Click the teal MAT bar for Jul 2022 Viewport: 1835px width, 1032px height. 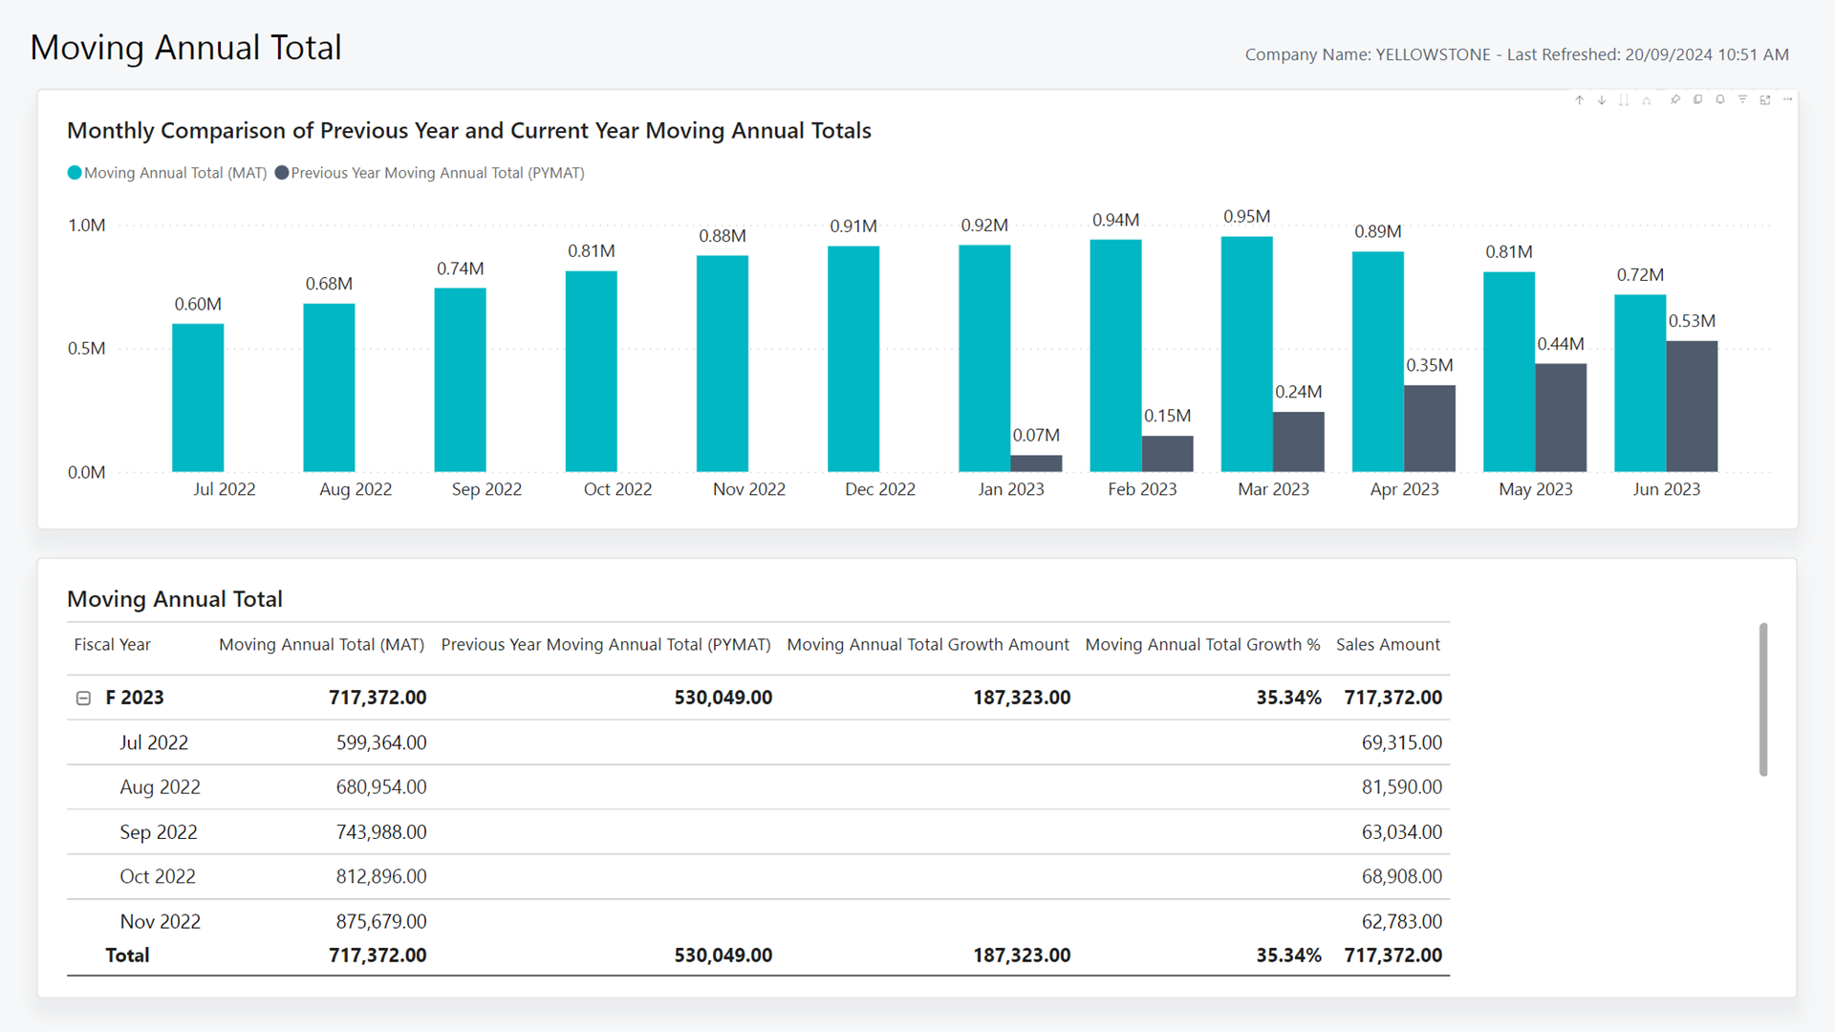click(198, 398)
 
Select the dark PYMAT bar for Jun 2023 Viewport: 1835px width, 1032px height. click(1692, 406)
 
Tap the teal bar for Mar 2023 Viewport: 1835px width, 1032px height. click(1247, 355)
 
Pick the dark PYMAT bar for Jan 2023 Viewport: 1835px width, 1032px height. click(1036, 463)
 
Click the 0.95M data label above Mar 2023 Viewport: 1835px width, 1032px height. click(1247, 217)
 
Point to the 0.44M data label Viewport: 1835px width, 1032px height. click(1561, 344)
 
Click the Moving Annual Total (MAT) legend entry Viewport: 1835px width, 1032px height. click(167, 173)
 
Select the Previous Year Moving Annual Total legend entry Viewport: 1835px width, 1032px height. click(429, 173)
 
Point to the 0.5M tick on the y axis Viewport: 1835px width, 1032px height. click(87, 349)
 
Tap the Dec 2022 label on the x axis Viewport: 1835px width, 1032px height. click(880, 489)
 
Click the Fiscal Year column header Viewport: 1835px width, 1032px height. click(113, 645)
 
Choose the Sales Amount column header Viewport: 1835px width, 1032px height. click(1388, 645)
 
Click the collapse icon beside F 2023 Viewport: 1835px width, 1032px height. click(83, 699)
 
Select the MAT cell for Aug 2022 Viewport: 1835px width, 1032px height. click(381, 787)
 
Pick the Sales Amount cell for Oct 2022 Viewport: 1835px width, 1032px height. click(1402, 877)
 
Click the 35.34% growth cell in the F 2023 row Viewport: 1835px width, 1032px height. click(1288, 699)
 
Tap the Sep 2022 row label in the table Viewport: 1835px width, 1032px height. click(159, 832)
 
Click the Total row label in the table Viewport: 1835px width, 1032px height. click(127, 956)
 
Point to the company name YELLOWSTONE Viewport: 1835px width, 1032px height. click(1433, 54)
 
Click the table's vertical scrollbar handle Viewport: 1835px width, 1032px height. click(1763, 699)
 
